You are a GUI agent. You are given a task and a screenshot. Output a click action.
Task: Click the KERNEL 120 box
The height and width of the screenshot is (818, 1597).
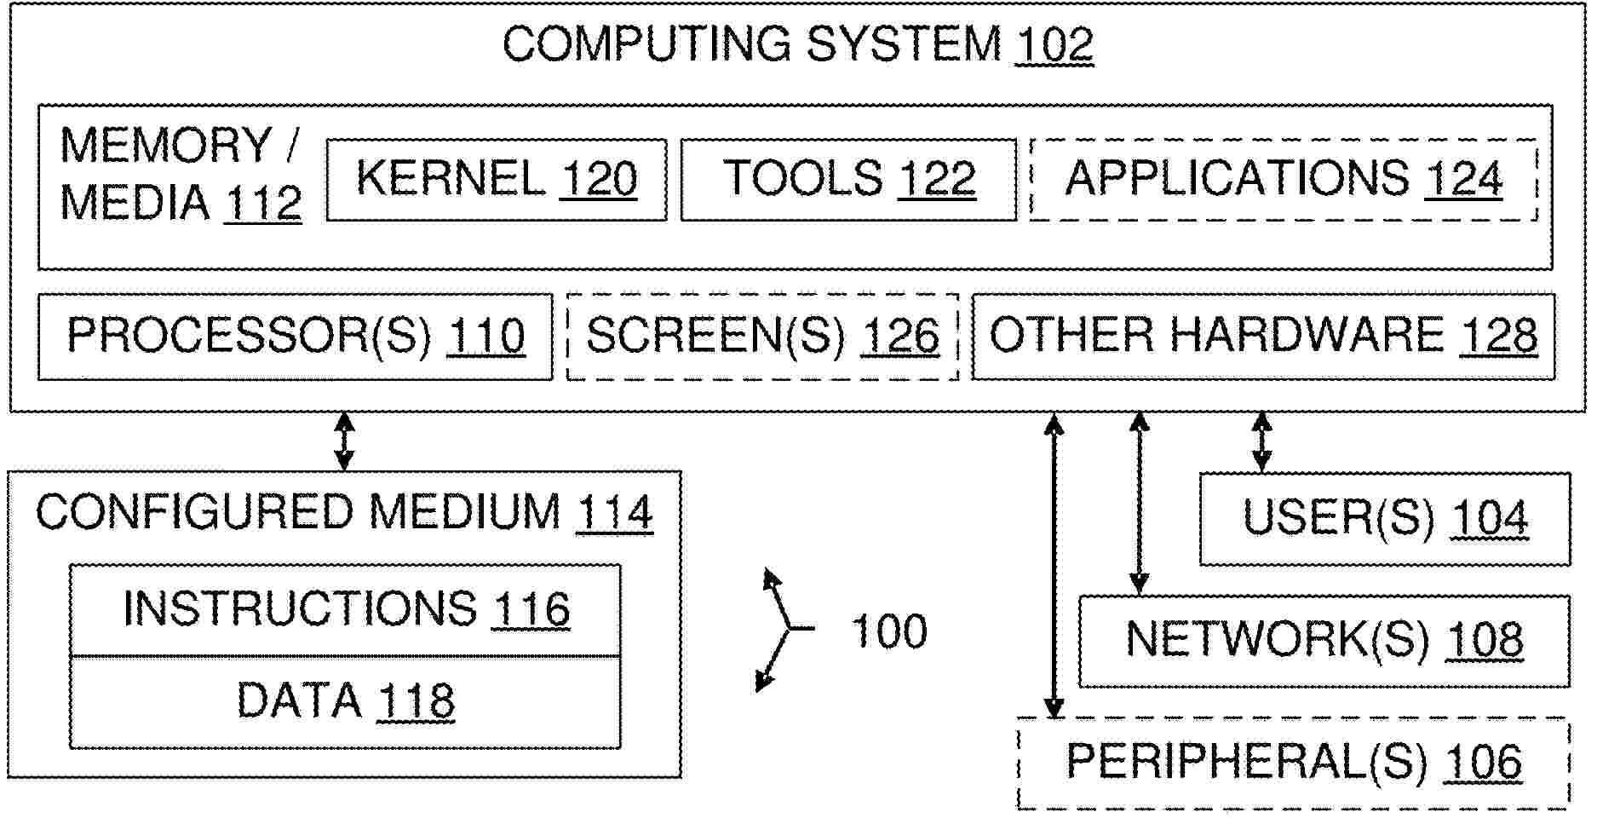(x=497, y=180)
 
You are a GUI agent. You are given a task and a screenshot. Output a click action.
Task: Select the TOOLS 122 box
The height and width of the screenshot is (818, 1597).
(x=848, y=180)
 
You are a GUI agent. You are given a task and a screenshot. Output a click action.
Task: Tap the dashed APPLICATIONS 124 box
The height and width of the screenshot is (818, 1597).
(x=1284, y=180)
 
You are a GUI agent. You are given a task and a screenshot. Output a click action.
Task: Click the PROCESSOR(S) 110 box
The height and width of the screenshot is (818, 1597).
(x=295, y=337)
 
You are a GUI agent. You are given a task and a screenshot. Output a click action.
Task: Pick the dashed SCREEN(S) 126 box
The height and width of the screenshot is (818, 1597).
(x=762, y=337)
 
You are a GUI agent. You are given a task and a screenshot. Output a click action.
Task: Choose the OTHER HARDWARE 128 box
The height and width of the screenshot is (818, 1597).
(x=1263, y=337)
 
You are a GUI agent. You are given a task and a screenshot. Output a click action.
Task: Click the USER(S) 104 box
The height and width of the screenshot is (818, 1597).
(x=1384, y=519)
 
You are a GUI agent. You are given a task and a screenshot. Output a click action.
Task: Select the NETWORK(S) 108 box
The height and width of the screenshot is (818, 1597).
(x=1324, y=641)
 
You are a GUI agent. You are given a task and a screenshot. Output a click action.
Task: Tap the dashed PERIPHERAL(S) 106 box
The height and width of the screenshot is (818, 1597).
(x=1293, y=763)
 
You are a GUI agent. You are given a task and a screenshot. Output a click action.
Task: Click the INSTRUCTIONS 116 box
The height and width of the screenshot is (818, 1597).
(x=345, y=610)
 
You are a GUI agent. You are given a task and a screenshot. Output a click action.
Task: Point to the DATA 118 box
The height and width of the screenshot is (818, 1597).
(x=345, y=702)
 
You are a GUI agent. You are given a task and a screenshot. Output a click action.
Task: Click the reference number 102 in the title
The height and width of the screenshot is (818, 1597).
(x=1054, y=45)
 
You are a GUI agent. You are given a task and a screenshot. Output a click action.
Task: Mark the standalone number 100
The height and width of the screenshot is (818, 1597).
(x=889, y=632)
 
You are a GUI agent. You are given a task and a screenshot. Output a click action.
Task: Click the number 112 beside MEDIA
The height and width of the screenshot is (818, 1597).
(x=262, y=204)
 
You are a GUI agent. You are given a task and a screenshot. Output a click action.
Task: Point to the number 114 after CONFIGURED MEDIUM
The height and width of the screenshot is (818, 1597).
(x=614, y=513)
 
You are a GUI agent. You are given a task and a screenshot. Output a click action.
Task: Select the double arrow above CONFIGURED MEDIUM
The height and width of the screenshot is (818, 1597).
(x=344, y=441)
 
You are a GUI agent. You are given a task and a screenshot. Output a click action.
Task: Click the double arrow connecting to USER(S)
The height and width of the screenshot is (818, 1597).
(x=1261, y=441)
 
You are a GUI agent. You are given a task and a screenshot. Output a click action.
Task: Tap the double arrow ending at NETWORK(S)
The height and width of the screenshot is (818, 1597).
(x=1139, y=503)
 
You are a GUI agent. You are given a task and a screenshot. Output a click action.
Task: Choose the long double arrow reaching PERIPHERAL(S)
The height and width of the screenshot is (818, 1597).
(x=1054, y=566)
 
